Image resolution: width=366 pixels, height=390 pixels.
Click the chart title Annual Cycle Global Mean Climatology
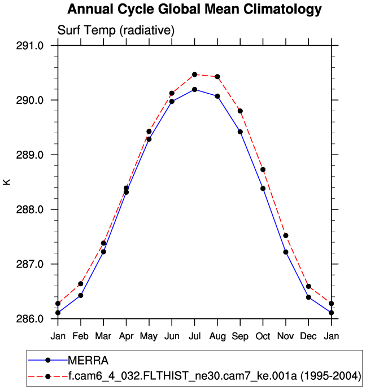click(194, 10)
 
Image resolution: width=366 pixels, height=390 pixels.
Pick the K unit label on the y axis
click(7, 182)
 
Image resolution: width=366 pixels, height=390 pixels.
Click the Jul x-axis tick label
click(195, 337)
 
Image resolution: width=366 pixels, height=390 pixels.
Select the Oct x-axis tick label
click(263, 337)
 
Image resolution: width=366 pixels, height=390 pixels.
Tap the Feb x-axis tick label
click(81, 337)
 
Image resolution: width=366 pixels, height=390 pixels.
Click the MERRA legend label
click(88, 360)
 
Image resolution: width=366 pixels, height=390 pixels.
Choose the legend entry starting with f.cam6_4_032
click(214, 375)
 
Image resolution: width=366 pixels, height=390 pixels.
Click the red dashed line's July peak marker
click(195, 75)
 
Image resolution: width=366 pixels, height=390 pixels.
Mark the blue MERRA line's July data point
click(195, 89)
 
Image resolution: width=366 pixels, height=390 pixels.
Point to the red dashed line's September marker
click(240, 111)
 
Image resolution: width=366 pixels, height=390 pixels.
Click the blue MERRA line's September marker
click(240, 132)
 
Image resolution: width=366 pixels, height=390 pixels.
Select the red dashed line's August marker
click(217, 77)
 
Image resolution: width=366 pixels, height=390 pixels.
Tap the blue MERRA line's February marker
click(81, 295)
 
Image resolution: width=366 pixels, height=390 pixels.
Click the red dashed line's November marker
click(286, 235)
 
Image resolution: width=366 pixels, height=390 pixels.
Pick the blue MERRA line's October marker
click(263, 189)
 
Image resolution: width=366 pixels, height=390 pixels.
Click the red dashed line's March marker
click(103, 243)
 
